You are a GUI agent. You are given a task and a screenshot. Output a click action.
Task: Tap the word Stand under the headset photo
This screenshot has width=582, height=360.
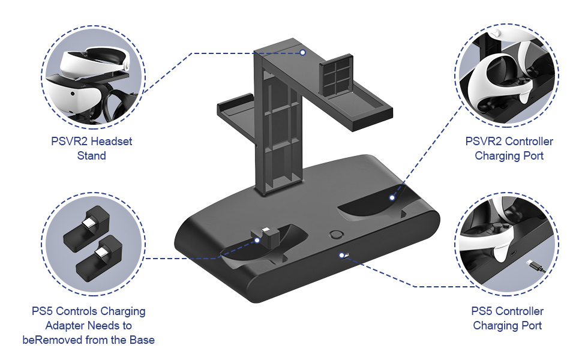coord(91,156)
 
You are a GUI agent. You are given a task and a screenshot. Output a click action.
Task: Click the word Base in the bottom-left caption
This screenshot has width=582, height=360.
coord(142,340)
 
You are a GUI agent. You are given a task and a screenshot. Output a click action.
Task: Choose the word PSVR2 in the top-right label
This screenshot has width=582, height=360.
coord(484,142)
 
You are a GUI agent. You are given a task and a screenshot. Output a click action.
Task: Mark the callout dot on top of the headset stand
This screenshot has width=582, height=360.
coord(303,53)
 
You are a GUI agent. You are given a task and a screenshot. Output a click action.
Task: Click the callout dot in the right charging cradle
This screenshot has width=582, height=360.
coord(392,197)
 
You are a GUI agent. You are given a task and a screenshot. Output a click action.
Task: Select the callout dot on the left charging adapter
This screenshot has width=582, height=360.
coord(257,240)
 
